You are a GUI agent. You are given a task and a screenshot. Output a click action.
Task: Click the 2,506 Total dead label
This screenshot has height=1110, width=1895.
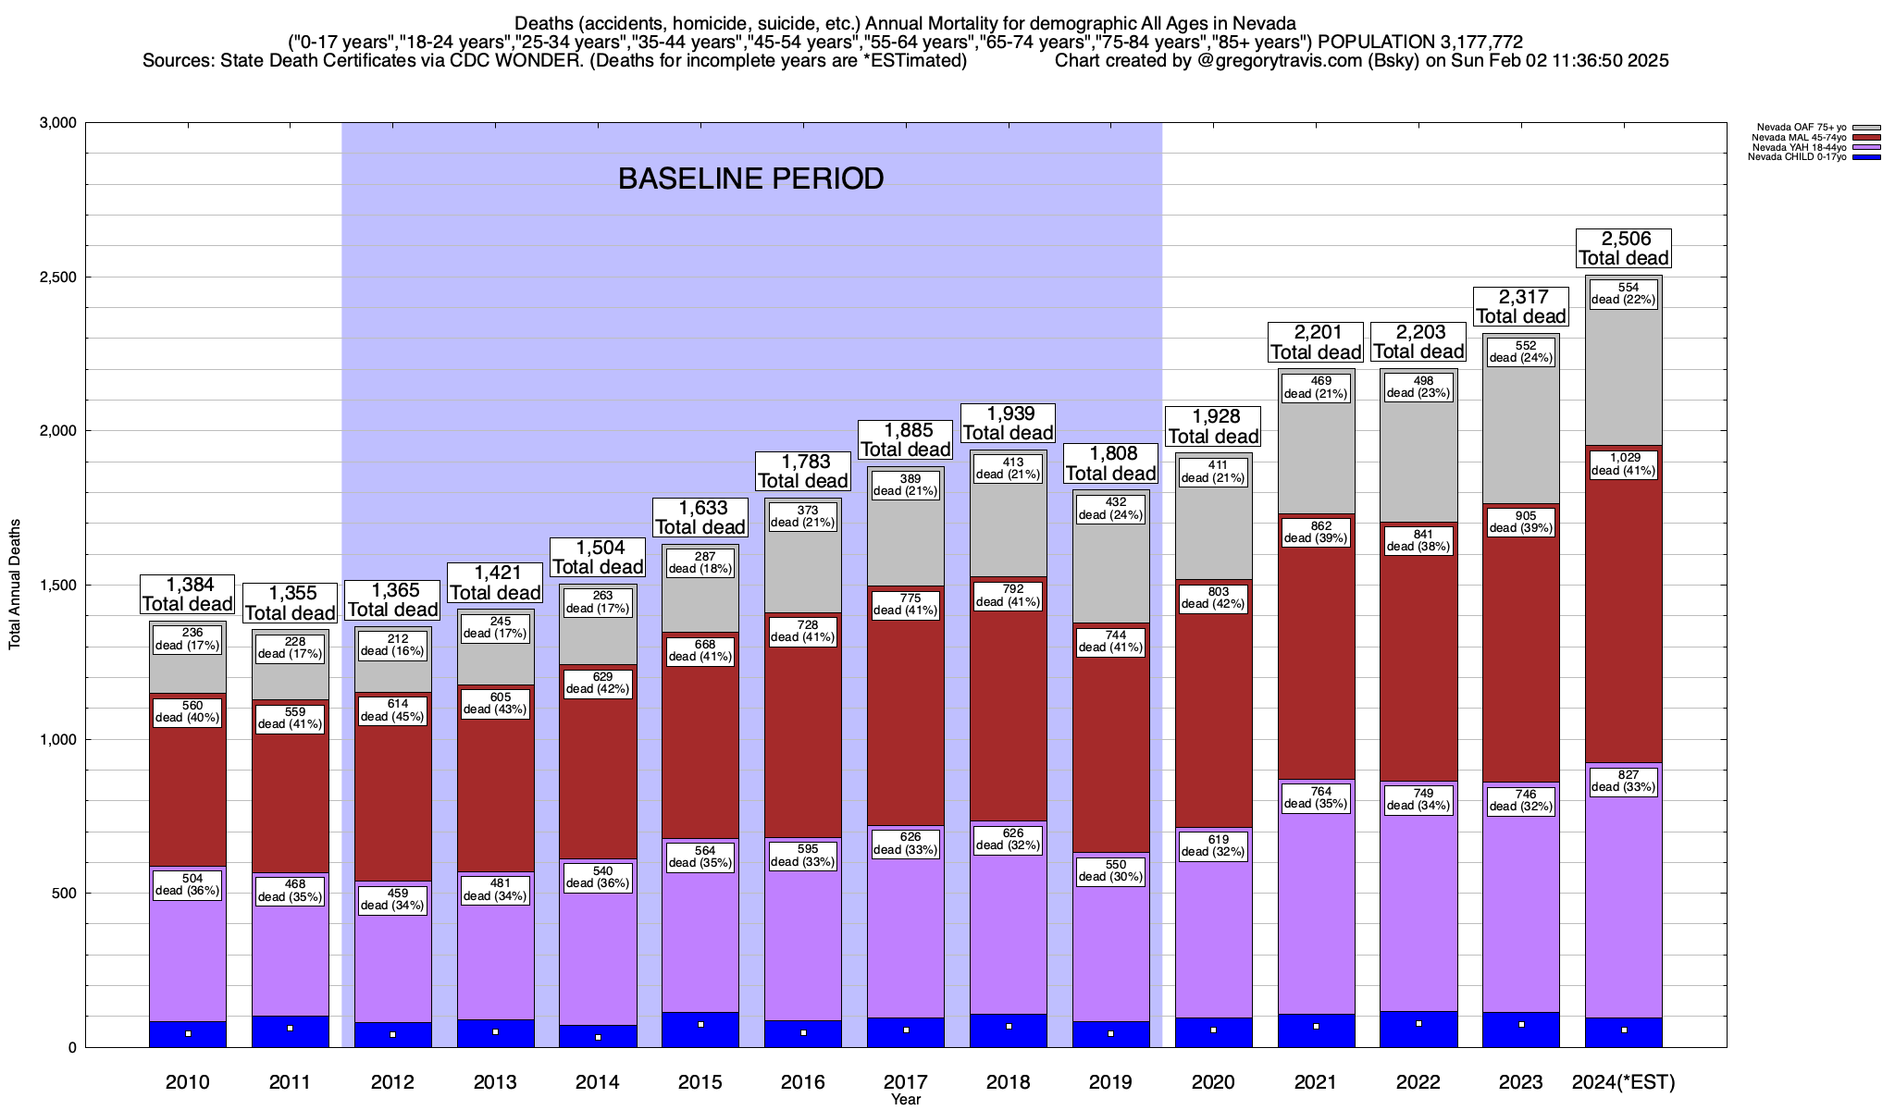1624,249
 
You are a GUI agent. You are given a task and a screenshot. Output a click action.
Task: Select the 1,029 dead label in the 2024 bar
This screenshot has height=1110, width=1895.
1624,464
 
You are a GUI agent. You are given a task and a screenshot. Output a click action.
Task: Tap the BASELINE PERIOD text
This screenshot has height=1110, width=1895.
750,179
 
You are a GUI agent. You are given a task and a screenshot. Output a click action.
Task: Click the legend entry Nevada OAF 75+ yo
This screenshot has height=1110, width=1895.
1794,128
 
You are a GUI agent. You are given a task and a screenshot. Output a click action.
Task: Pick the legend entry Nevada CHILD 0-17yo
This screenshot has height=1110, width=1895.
1794,157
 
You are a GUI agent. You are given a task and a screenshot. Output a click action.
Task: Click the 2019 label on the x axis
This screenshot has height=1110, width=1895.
1110,1082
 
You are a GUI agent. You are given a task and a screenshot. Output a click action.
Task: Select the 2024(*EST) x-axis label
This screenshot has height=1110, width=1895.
1624,1082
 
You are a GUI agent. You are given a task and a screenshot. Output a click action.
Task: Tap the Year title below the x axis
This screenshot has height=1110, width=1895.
906,1100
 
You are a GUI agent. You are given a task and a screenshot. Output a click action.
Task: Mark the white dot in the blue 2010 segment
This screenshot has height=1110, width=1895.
188,1034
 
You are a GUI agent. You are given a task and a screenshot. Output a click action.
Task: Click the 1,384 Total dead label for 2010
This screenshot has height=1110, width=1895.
188,595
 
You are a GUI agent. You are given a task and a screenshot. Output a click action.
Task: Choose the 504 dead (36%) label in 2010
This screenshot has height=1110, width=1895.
188,885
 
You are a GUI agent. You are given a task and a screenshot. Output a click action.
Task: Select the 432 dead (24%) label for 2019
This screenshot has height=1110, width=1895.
1110,509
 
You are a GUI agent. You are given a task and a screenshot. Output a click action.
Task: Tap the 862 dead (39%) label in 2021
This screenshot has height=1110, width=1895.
1316,532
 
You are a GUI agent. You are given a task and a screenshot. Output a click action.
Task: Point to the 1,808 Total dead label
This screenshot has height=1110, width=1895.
1110,463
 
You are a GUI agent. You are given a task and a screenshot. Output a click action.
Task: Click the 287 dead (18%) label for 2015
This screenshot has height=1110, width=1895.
700,562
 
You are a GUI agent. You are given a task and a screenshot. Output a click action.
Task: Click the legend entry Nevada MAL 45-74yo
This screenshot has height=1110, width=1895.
1794,138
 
